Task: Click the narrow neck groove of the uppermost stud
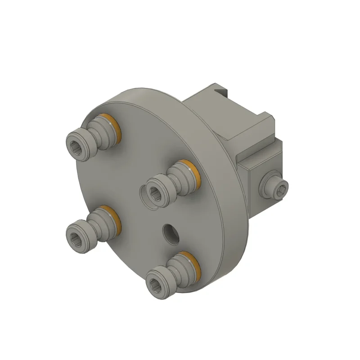point(96,134)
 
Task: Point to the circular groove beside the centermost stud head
point(145,198)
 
